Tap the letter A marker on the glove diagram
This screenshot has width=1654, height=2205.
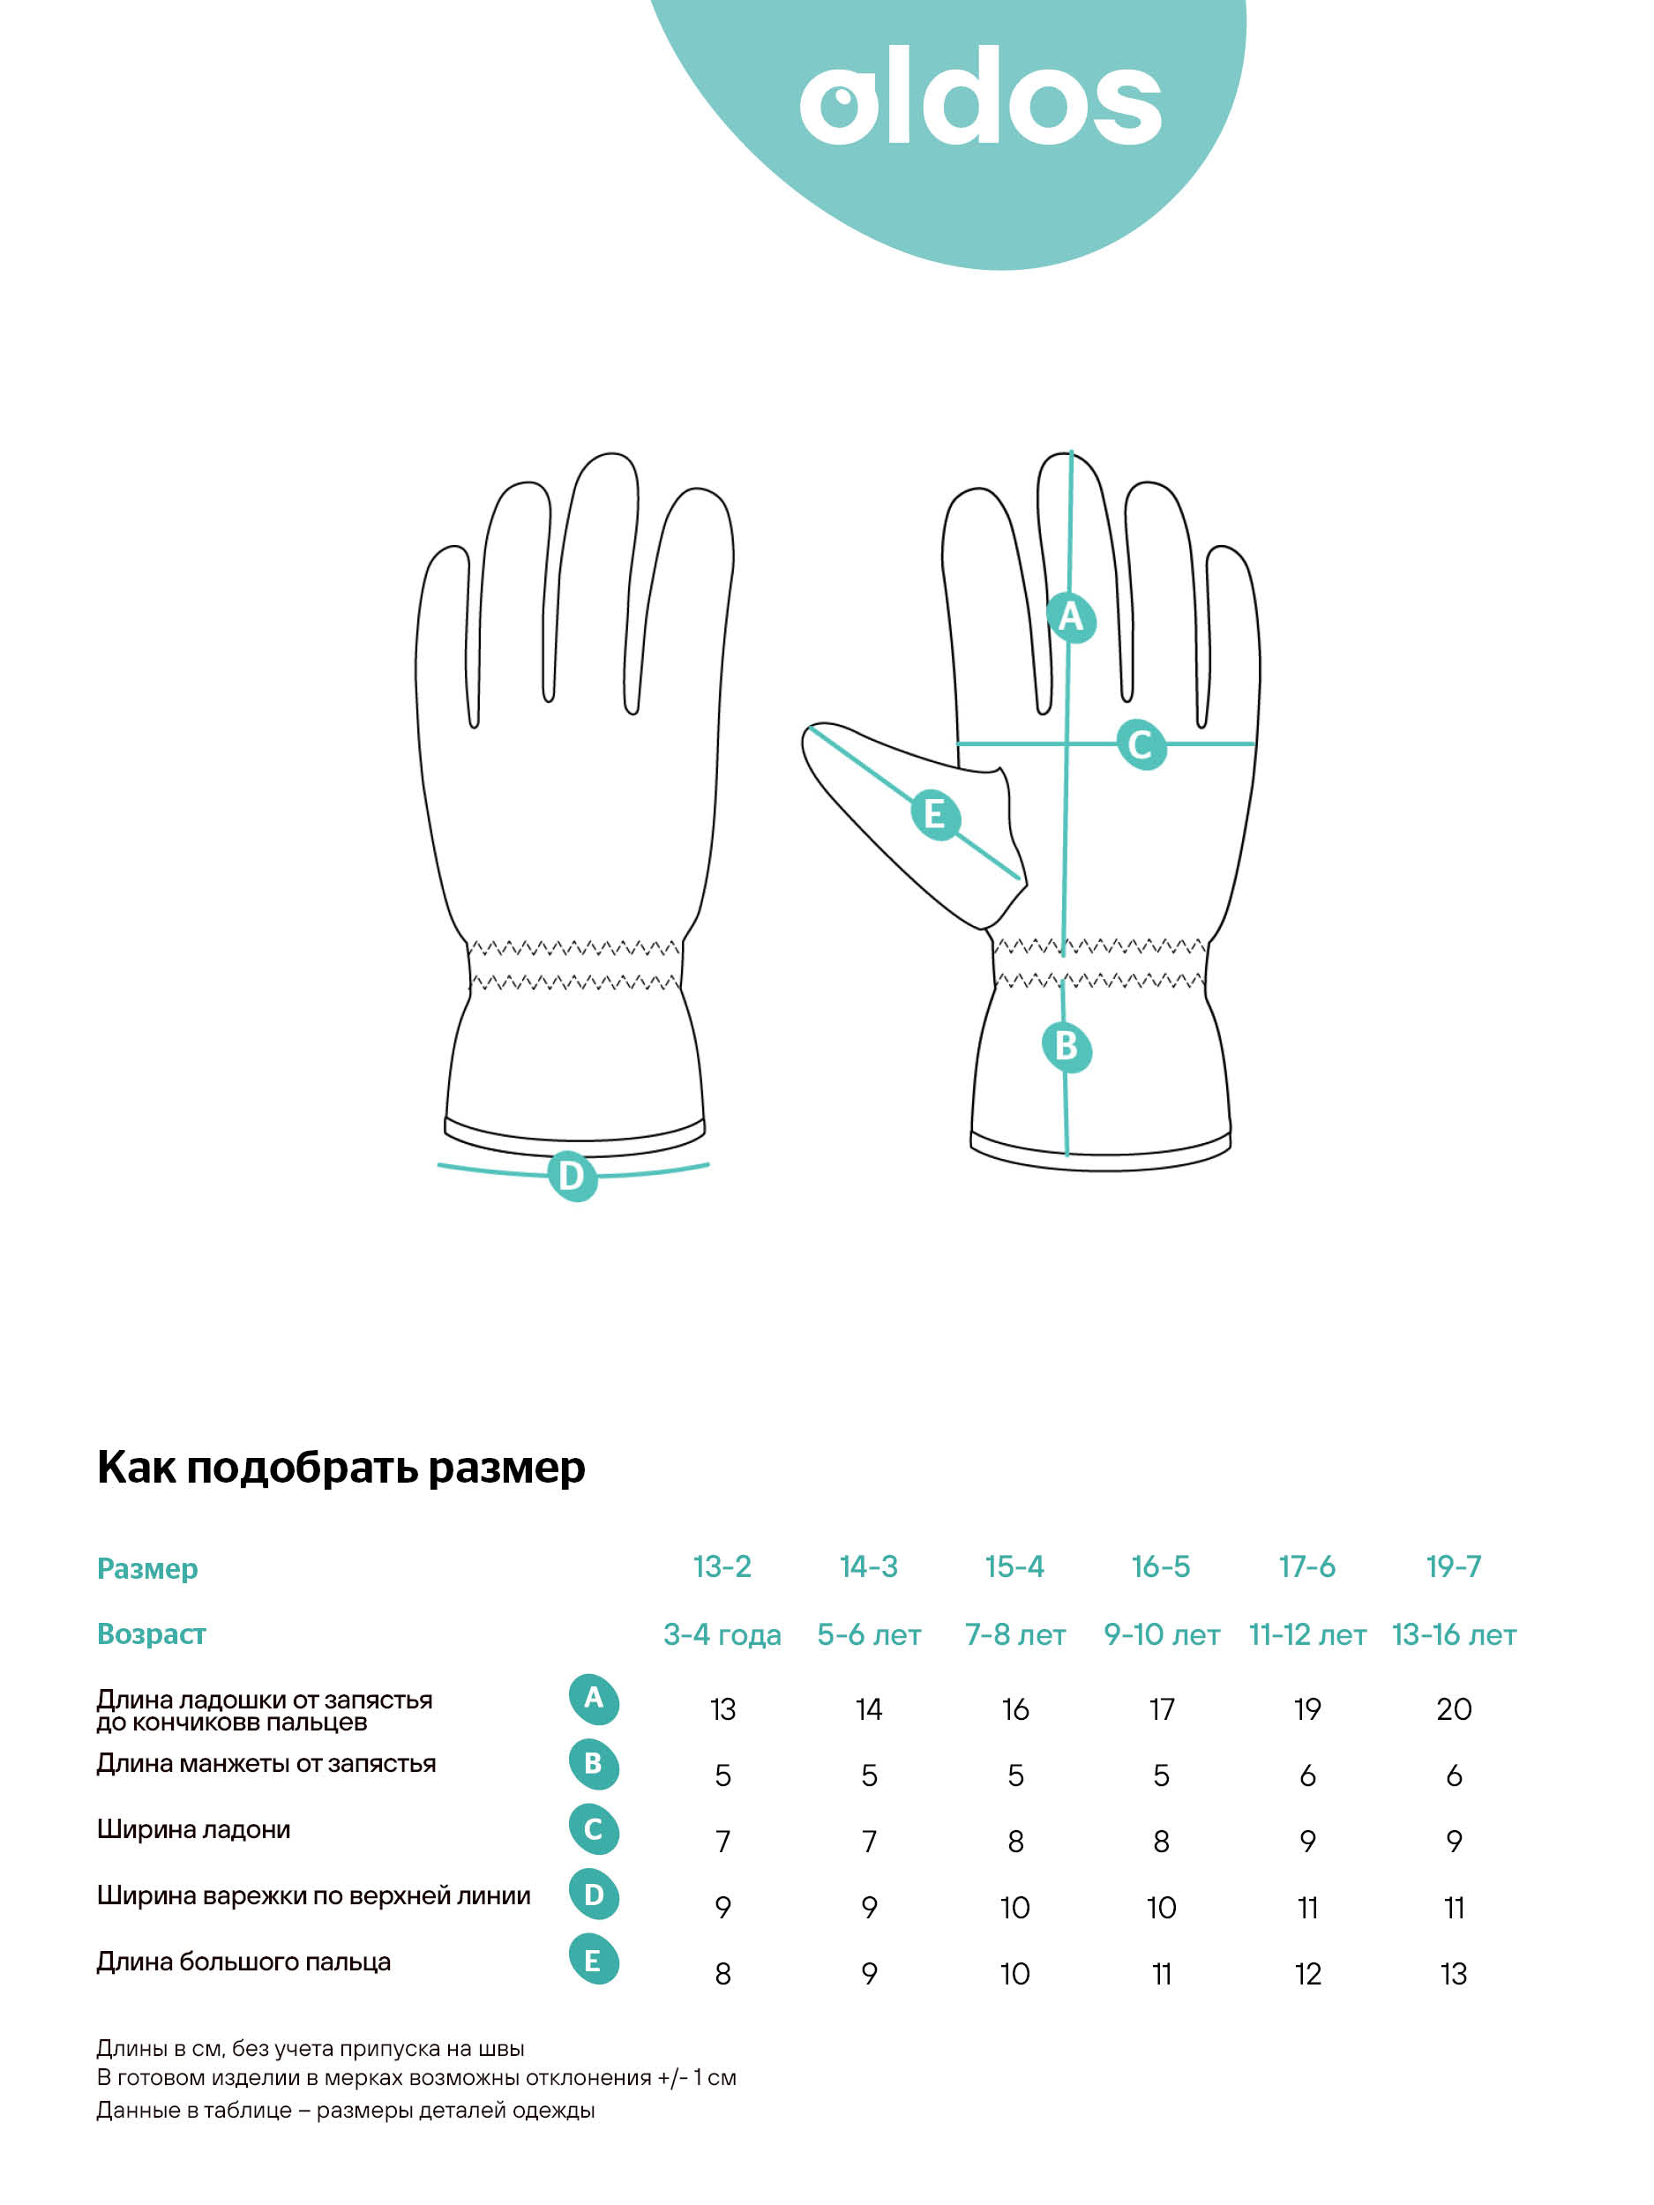click(1071, 617)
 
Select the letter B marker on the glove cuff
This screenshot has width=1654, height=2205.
click(1066, 1047)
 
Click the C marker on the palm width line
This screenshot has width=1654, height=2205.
click(1141, 744)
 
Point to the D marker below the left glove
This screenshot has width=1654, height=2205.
click(573, 1176)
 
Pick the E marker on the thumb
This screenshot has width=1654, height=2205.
click(935, 814)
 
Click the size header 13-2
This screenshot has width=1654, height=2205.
click(722, 1567)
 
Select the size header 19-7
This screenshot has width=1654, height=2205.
click(1453, 1567)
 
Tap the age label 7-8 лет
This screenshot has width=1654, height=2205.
click(1015, 1635)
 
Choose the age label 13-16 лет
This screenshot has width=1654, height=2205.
click(1454, 1635)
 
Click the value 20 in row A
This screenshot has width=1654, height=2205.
click(1454, 1709)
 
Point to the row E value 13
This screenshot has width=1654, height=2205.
click(1454, 1974)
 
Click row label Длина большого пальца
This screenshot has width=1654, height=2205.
click(243, 1962)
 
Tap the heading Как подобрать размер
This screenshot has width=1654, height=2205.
click(341, 1469)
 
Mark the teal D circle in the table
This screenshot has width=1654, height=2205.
click(593, 1895)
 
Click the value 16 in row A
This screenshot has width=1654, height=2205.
click(1015, 1709)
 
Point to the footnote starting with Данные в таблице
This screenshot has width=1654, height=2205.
click(345, 2111)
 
